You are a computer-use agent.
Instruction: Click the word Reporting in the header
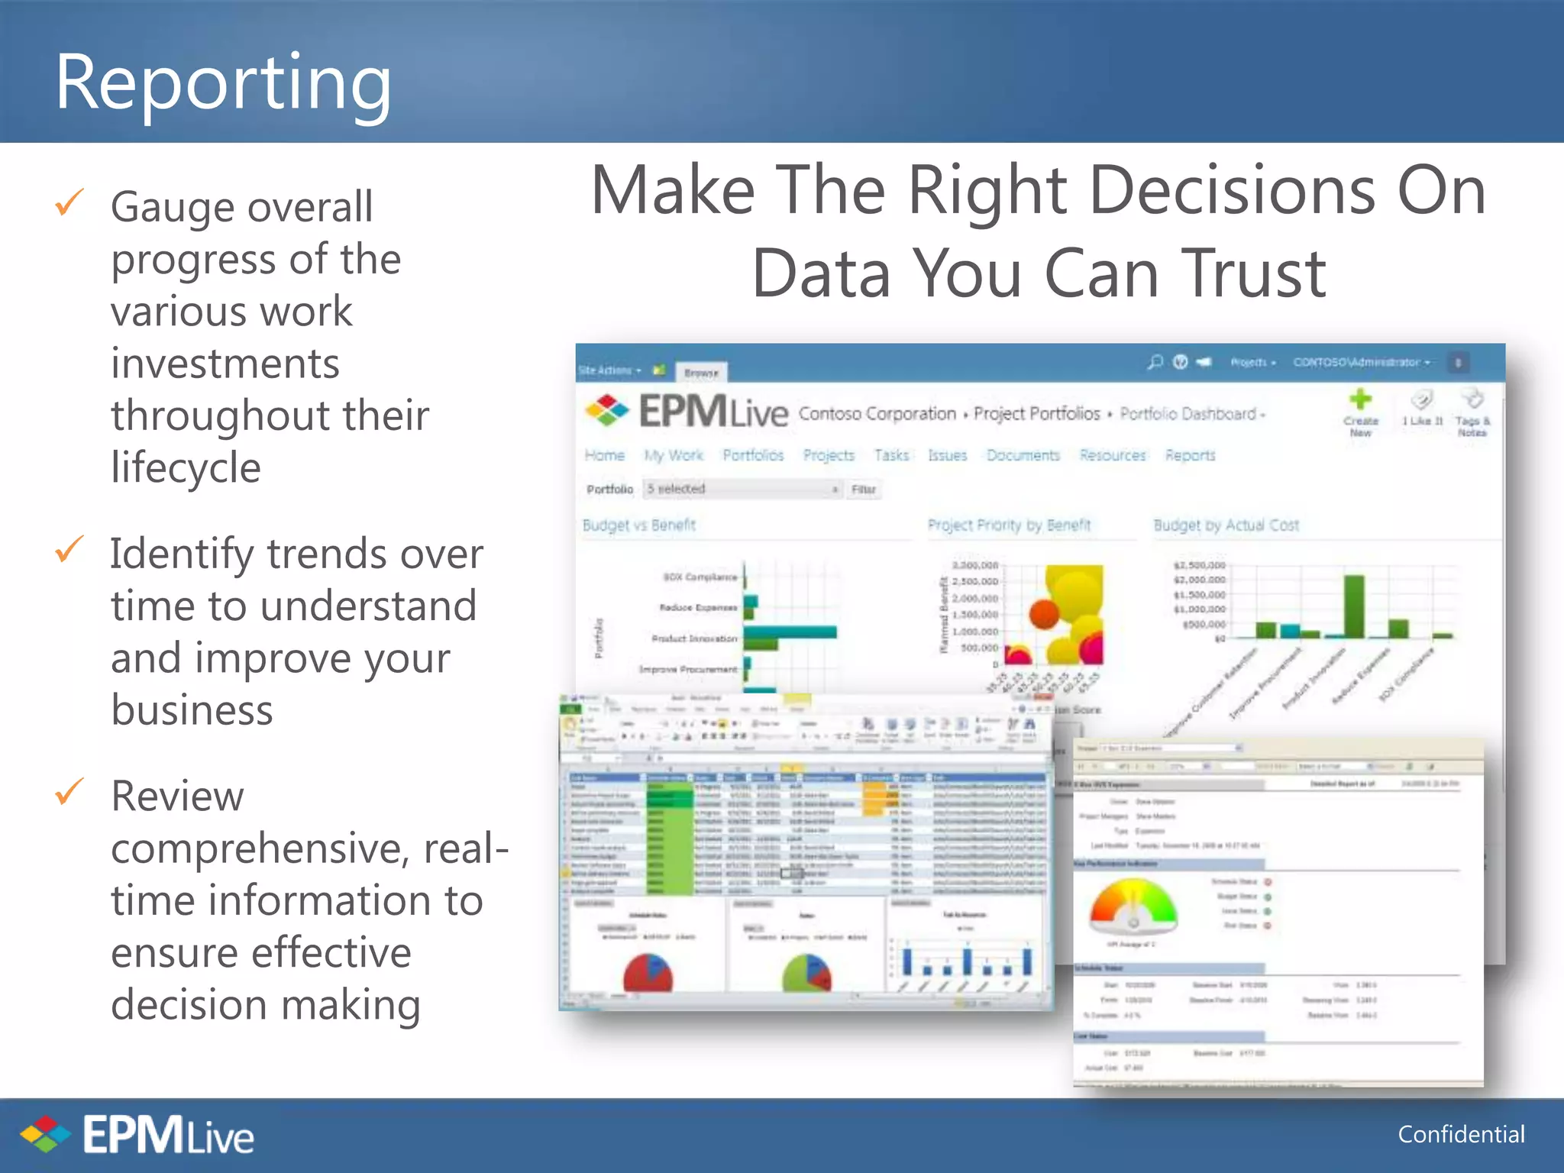point(223,82)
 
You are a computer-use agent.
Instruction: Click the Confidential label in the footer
point(1461,1134)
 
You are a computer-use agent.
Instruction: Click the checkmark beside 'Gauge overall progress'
point(69,202)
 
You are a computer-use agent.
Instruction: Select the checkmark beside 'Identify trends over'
point(69,549)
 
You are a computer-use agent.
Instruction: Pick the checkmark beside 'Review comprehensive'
point(69,792)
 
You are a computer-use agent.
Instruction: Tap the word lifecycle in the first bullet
point(186,467)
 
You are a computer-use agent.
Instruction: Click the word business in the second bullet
point(192,709)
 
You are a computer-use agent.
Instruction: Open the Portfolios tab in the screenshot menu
point(753,455)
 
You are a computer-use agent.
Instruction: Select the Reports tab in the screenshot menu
point(1190,455)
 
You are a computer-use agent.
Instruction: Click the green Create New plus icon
point(1360,399)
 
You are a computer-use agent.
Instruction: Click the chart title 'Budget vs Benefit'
point(639,525)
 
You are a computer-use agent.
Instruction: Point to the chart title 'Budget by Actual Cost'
point(1226,525)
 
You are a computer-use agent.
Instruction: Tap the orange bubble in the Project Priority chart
point(1044,613)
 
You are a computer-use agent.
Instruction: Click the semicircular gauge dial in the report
point(1133,907)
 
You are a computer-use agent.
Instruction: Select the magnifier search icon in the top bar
point(1155,362)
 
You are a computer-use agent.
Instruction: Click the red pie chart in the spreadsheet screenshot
point(648,974)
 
